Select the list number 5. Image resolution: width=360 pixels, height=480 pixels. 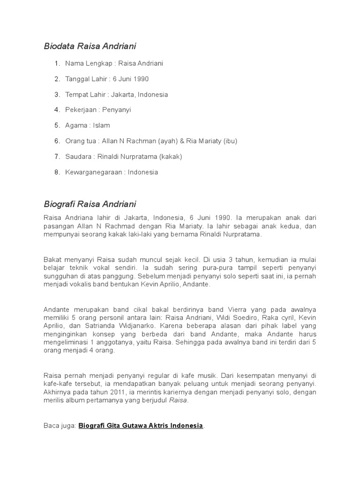pyautogui.click(x=57, y=125)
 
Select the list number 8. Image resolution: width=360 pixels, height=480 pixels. pyautogui.click(x=57, y=172)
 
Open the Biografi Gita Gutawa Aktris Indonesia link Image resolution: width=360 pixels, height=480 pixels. pyautogui.click(x=141, y=426)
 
